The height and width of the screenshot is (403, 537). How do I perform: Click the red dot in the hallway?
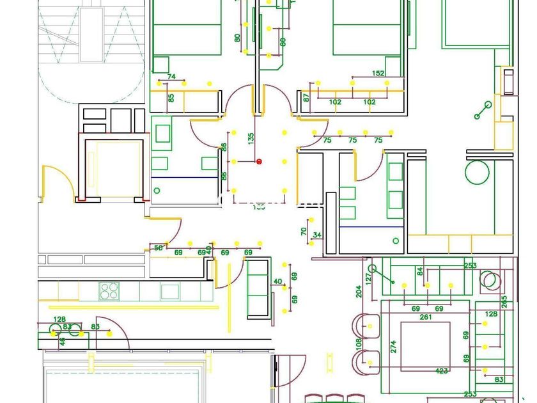point(259,161)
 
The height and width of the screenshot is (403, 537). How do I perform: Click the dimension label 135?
point(251,140)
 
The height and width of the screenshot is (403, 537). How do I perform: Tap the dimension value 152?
point(378,74)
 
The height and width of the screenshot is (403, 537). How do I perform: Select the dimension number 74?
point(171,77)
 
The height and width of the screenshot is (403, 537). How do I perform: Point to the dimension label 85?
point(171,99)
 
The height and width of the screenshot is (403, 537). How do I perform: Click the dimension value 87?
point(306,99)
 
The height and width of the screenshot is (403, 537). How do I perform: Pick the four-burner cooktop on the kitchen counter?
point(109,291)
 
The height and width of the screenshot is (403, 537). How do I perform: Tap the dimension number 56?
point(159,248)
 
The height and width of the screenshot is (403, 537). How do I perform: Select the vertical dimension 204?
point(359,291)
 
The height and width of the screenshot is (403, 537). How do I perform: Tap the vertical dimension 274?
point(393,346)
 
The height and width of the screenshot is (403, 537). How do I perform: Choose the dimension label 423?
point(441,371)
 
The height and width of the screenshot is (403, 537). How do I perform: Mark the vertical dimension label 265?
point(504,302)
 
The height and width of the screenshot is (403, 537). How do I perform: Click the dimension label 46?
point(62,342)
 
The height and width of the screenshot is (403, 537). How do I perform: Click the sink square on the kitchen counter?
point(169,291)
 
